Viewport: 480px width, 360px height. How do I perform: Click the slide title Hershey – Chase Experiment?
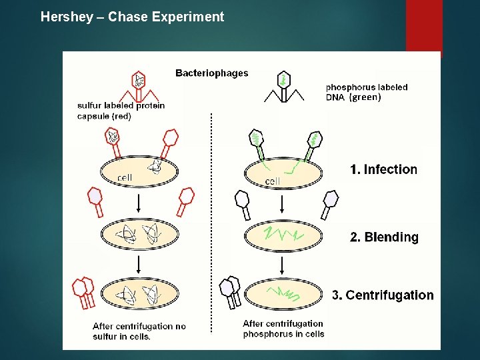(x=132, y=17)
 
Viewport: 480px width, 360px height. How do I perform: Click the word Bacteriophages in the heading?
(x=211, y=73)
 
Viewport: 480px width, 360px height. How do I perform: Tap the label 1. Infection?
(x=383, y=169)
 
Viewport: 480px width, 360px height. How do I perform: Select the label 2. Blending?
(x=385, y=237)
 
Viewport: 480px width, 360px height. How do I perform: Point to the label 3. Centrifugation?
(x=383, y=295)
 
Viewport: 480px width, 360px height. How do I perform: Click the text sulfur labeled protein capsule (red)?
(x=121, y=111)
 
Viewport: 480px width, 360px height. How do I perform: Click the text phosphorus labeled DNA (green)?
(x=366, y=92)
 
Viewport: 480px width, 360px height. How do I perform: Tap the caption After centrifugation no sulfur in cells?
(x=139, y=331)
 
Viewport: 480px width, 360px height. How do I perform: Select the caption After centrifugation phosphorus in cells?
(x=283, y=329)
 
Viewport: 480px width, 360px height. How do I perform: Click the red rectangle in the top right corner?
(x=423, y=27)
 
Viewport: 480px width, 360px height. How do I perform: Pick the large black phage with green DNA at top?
(x=284, y=87)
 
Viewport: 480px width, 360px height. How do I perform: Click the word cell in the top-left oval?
(x=125, y=177)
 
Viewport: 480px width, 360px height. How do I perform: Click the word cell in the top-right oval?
(x=273, y=181)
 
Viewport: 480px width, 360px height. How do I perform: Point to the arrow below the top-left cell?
(x=138, y=203)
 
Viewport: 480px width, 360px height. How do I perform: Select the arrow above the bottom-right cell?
(x=283, y=265)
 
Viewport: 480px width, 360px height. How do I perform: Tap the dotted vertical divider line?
(x=211, y=220)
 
